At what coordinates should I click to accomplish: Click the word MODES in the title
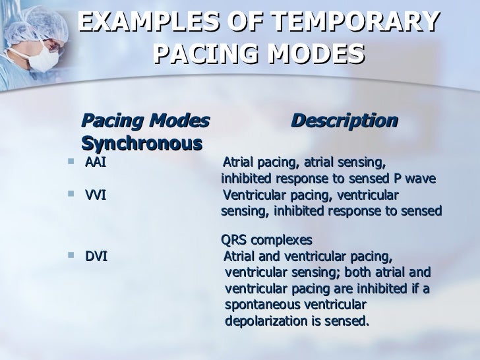(315, 52)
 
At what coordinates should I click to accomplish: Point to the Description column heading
(344, 121)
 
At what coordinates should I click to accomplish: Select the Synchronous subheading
(141, 143)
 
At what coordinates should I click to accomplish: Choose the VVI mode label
(96, 195)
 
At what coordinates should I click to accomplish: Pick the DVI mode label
(96, 256)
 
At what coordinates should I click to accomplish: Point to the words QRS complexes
(266, 239)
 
